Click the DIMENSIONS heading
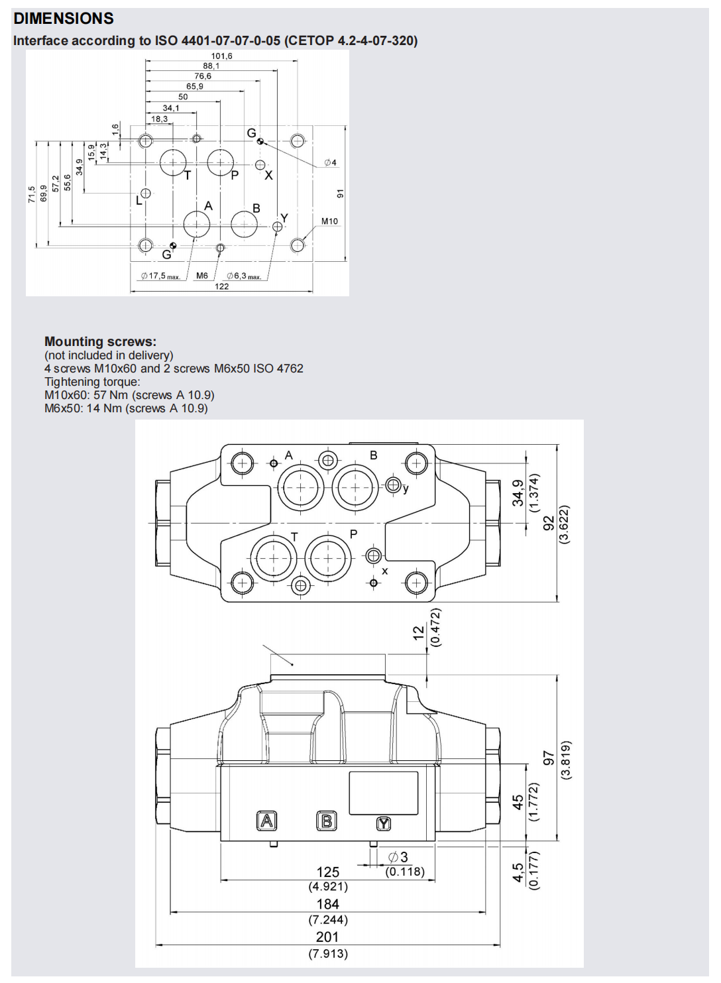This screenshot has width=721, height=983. coord(64,19)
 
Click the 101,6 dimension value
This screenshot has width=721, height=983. coord(221,56)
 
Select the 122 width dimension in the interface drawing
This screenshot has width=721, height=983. coord(221,286)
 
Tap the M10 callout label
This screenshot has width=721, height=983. coord(329,221)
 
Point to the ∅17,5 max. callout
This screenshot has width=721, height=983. coord(160,276)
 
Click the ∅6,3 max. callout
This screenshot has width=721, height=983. coord(244,276)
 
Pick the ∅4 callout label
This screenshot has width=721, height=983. coord(330,162)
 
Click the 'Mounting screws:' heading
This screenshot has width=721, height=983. coord(100,341)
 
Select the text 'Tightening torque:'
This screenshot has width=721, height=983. coord(92,382)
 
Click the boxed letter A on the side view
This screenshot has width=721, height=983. coord(266,821)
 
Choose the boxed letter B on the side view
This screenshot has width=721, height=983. coord(327,821)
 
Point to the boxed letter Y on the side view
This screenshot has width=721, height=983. coord(384,824)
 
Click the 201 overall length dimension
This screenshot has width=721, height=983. coord(327,937)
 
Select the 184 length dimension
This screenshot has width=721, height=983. coord(327,904)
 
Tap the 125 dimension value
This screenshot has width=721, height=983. coord(327,872)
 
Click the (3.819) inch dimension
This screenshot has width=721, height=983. coord(565,760)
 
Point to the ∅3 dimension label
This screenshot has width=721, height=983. coord(398,858)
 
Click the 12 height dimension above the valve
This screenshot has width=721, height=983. coord(418,632)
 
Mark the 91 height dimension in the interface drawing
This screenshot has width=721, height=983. coord(340,194)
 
